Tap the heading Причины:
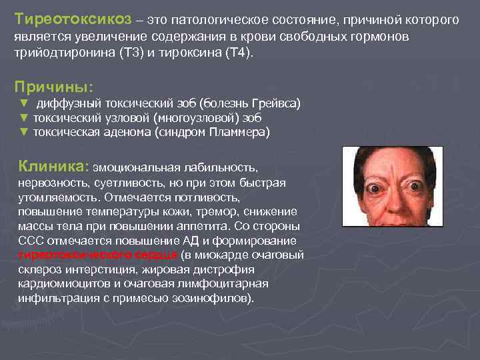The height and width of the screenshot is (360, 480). point(54,87)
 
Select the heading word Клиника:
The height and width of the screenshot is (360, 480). point(53,165)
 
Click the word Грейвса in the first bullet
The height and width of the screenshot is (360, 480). point(274,104)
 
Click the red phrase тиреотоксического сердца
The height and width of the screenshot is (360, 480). point(99,254)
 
